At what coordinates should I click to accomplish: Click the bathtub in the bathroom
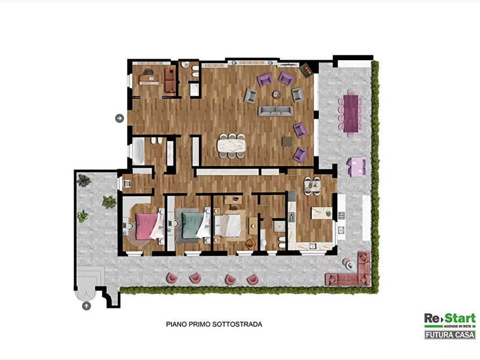click(138, 151)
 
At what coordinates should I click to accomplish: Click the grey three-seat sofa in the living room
click(275, 111)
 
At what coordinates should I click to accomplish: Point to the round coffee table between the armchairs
click(277, 95)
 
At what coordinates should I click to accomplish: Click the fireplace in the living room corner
click(306, 70)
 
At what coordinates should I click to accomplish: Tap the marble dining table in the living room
click(232, 145)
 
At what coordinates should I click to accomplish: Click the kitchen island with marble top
click(321, 213)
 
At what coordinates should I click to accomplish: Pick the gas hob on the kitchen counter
click(291, 217)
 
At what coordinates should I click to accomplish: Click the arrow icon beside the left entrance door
click(119, 118)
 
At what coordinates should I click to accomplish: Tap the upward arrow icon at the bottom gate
click(87, 306)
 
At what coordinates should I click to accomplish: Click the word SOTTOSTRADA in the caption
click(237, 324)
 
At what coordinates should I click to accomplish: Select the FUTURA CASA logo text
click(450, 335)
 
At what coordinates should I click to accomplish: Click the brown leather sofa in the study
click(170, 80)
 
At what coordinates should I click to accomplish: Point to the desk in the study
click(149, 80)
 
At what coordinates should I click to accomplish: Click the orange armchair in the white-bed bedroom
click(250, 243)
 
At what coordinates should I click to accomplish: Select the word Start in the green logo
click(460, 319)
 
